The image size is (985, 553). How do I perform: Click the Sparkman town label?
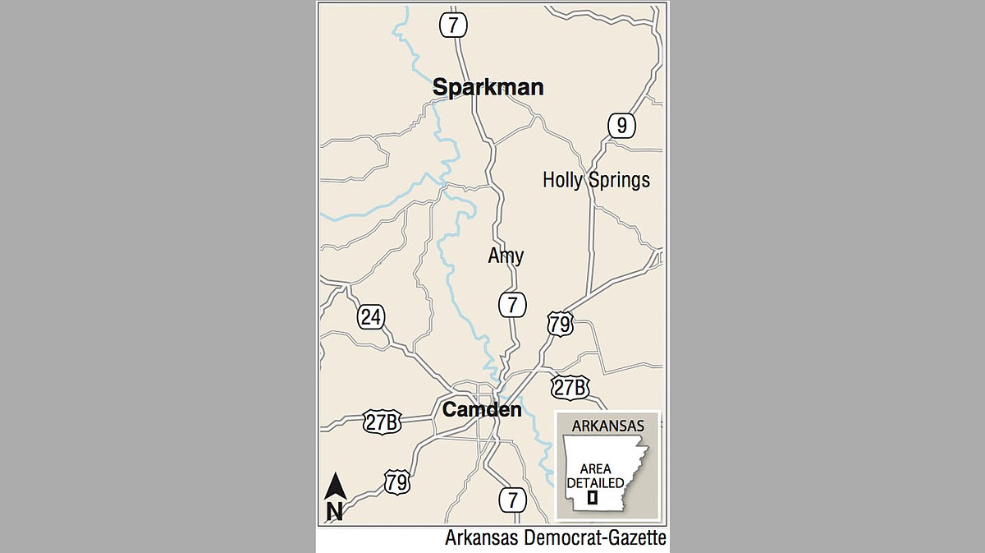[x=488, y=88]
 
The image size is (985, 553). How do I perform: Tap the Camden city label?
[x=482, y=409]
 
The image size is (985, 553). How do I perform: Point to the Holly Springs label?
[x=596, y=180]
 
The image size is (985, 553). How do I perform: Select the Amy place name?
[x=506, y=256]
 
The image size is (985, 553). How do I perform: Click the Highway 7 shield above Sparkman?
[x=453, y=24]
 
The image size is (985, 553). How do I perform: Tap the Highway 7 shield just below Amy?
[x=512, y=304]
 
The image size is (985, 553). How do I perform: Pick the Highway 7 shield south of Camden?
[x=512, y=498]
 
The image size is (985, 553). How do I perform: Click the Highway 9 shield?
[x=622, y=126]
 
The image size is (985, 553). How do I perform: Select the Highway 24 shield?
[x=371, y=317]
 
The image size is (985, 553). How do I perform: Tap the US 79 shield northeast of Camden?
[x=560, y=324]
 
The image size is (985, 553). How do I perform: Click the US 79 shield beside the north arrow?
[x=397, y=482]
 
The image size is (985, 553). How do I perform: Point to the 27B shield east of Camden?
[x=570, y=387]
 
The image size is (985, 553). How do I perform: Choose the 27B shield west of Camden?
[x=383, y=422]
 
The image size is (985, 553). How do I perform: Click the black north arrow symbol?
[x=335, y=486]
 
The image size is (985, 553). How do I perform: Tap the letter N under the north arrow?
[x=335, y=511]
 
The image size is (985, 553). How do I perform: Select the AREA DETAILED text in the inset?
[x=593, y=475]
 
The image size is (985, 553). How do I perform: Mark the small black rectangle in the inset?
[x=592, y=498]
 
